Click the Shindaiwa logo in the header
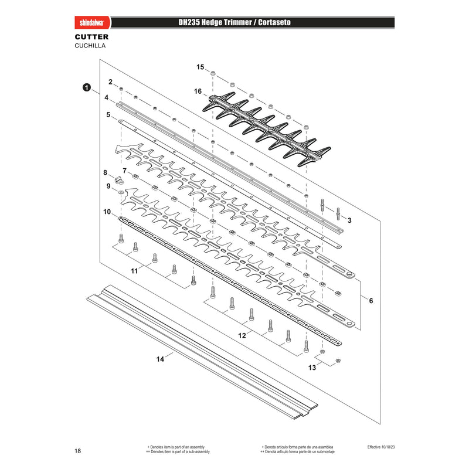(92, 23)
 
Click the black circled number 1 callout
(87, 87)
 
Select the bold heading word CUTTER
(91, 37)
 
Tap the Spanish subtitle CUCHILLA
(90, 46)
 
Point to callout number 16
(198, 91)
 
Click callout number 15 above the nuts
(200, 67)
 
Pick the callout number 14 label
(160, 359)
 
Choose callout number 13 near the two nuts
(312, 368)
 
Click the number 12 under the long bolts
(242, 335)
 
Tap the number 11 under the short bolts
(134, 271)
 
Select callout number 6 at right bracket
(371, 301)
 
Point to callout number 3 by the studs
(349, 220)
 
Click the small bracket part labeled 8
(119, 180)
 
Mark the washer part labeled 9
(121, 192)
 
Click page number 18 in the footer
(78, 451)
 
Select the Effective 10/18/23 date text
(381, 447)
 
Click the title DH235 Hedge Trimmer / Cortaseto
(235, 22)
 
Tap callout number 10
(107, 212)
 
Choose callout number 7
(125, 171)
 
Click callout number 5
(108, 115)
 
